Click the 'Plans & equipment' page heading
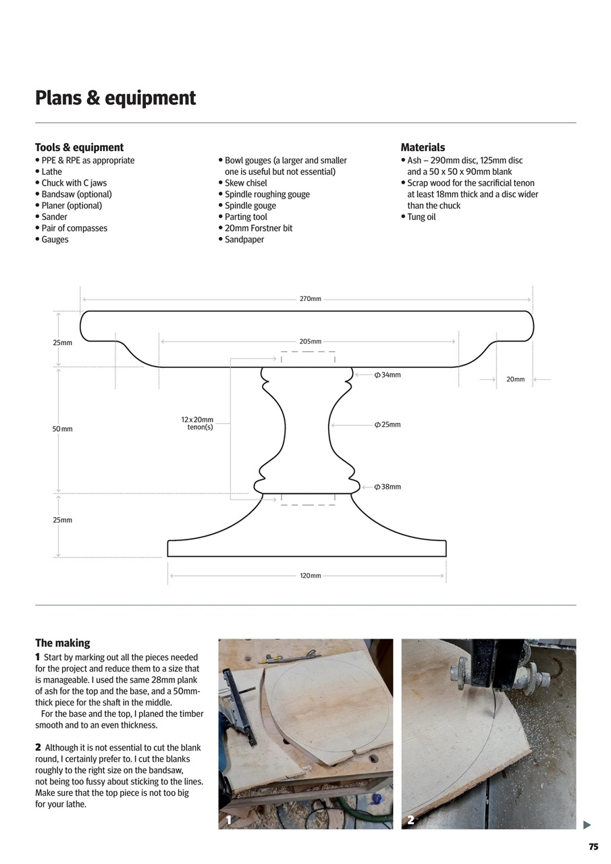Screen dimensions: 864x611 pos(115,99)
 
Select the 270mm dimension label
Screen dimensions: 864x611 pos(311,298)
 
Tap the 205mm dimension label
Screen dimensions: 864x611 pos(311,342)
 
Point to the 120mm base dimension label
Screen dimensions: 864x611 pos(311,576)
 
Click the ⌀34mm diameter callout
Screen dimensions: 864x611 pos(388,375)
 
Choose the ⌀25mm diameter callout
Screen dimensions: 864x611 pos(388,425)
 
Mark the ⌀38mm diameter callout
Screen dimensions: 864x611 pos(388,487)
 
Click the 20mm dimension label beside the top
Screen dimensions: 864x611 pos(515,379)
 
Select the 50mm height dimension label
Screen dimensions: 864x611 pos(62,429)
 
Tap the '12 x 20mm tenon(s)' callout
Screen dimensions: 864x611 pos(197,423)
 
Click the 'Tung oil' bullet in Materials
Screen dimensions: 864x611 pos(421,217)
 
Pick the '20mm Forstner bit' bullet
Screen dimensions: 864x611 pos(259,228)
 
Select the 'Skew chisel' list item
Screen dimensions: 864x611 pos(246,183)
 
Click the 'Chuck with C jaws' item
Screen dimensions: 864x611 pos(74,183)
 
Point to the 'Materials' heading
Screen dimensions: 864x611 pos(423,147)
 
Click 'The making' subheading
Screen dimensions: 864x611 pos(62,643)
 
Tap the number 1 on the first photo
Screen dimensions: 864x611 pos(229,820)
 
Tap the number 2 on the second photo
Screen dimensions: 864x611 pos(410,820)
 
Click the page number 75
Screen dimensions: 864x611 pos(593,847)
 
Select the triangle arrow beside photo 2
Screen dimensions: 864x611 pos(587,825)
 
